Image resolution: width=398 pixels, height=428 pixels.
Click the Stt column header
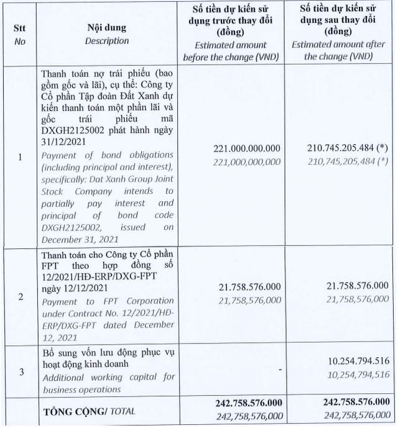click(20, 29)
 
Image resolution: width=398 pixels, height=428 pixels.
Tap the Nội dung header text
click(107, 28)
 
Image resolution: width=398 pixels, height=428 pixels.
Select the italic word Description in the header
click(107, 40)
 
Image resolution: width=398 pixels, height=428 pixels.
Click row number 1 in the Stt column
click(20, 157)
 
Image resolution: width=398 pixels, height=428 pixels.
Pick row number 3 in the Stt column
click(20, 372)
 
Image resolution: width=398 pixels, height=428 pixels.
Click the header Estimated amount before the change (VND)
click(231, 51)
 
